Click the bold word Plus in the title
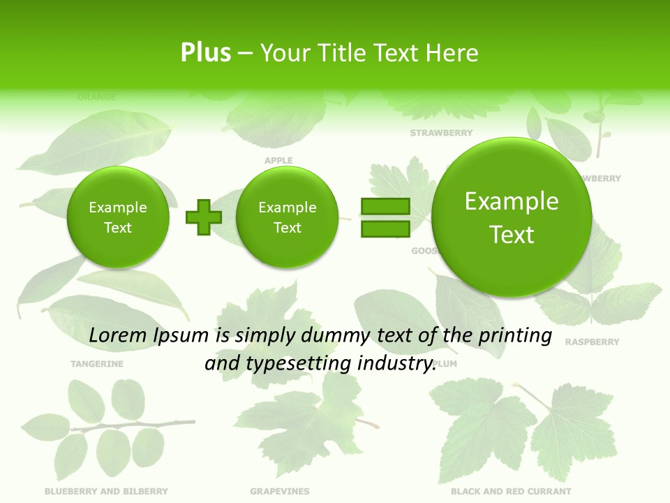click(x=205, y=52)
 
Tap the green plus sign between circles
click(x=204, y=217)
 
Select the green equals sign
click(x=385, y=217)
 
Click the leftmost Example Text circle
click(x=118, y=217)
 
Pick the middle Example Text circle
click(x=287, y=217)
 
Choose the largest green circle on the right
click(x=512, y=217)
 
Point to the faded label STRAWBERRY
click(x=441, y=133)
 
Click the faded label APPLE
click(x=278, y=161)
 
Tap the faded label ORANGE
click(x=96, y=97)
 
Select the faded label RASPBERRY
click(x=592, y=342)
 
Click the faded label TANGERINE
click(x=97, y=364)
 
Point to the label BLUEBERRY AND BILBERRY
click(x=106, y=491)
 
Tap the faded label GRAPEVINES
click(x=280, y=491)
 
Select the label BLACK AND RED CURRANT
click(x=511, y=491)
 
